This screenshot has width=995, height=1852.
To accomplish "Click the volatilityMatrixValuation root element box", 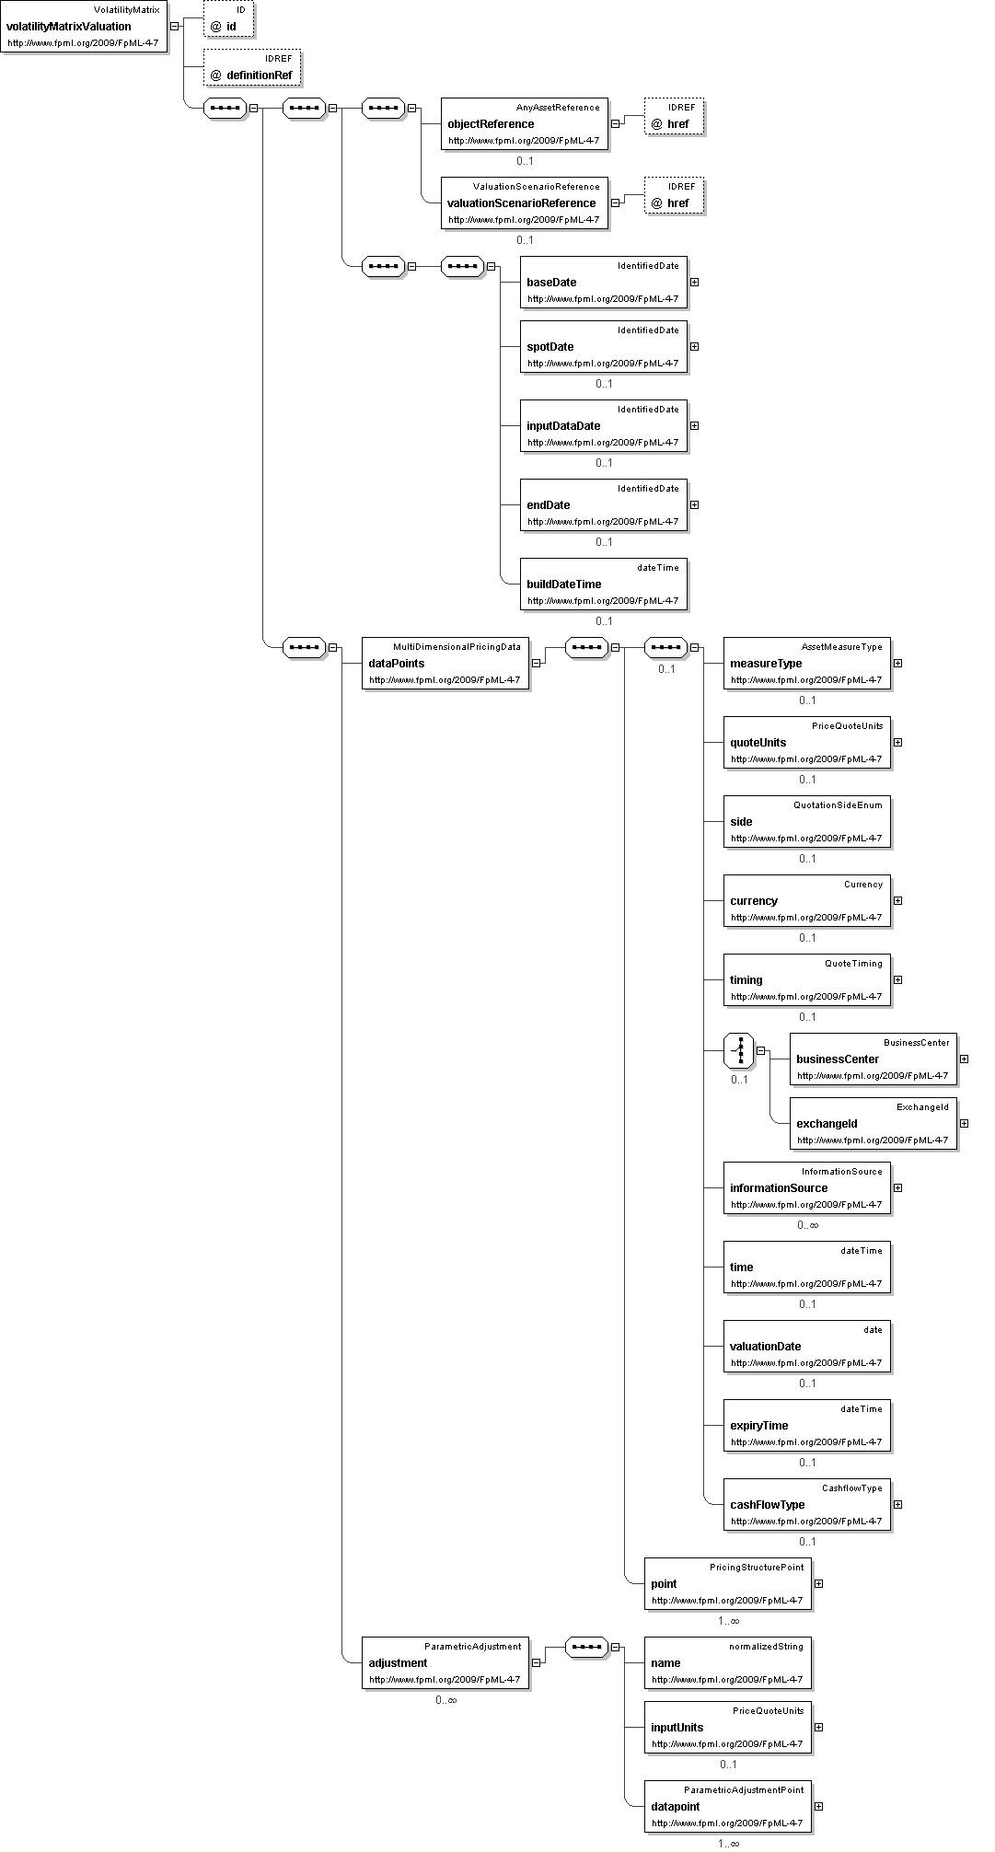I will click(x=84, y=27).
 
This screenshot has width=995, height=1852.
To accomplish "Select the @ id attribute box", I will click(x=228, y=19).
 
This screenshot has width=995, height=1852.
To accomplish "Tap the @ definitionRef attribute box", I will click(x=252, y=68).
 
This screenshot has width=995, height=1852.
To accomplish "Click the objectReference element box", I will click(x=525, y=123).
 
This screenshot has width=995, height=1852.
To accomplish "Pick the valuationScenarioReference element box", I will click(x=525, y=203).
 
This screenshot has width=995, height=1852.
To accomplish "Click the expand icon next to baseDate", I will click(x=694, y=282).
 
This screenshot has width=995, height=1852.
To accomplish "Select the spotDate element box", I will click(x=603, y=346).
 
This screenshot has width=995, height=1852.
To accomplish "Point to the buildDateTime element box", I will click(x=603, y=584).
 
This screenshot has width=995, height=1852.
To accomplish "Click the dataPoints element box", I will click(x=445, y=663).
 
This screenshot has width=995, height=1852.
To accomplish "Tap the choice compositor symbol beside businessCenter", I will click(x=739, y=1050).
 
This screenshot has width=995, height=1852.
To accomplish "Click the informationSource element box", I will click(x=806, y=1187).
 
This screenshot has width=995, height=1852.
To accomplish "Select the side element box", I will click(x=806, y=821).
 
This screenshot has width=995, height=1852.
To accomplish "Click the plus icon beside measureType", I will click(x=897, y=663).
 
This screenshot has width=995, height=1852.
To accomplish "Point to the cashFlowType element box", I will click(x=806, y=1504).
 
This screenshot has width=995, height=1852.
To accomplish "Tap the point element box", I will click(x=727, y=1583).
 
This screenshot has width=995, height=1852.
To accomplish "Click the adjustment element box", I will click(x=445, y=1662).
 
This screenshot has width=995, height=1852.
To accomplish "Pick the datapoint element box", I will click(x=727, y=1806).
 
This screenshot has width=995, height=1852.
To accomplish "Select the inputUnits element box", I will click(x=727, y=1727).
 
